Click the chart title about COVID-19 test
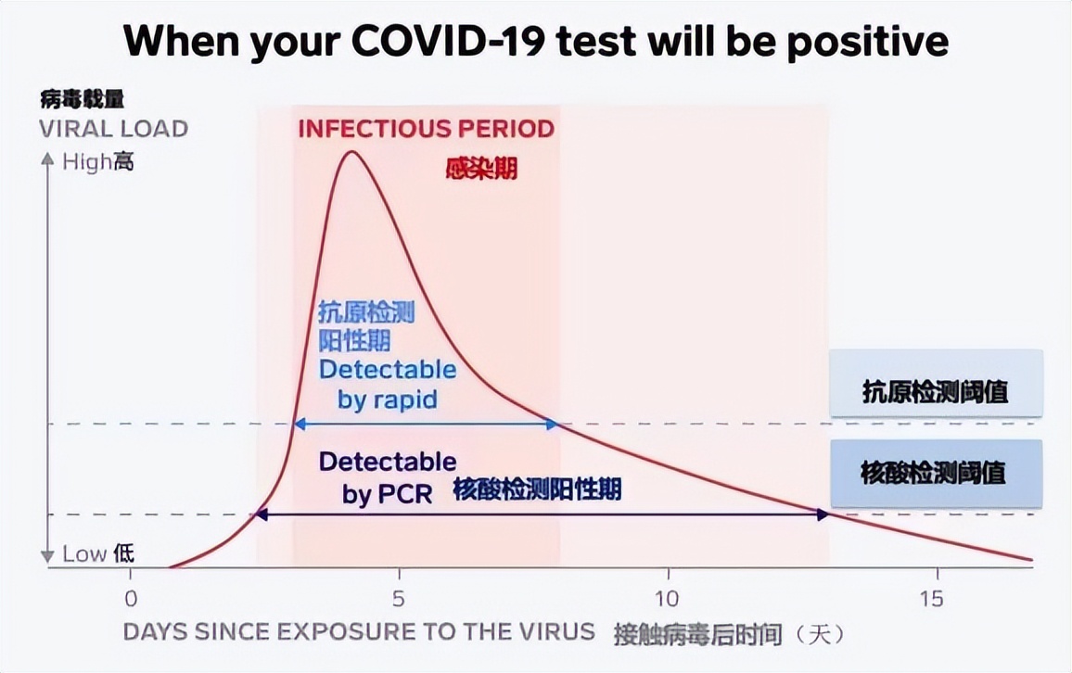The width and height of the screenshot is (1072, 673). [x=536, y=42]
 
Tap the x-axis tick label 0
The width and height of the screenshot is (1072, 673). [x=131, y=598]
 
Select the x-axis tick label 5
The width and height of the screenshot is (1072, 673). [x=398, y=598]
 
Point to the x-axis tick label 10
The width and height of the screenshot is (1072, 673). [x=666, y=598]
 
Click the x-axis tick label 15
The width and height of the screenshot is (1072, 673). [x=934, y=598]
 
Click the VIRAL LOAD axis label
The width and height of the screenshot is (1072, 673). [x=113, y=129]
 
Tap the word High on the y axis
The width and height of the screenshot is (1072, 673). [x=85, y=162]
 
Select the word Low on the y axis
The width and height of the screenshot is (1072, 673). [x=84, y=554]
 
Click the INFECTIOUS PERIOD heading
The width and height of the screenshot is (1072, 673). [x=426, y=129]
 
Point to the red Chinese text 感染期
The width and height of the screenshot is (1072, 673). [x=481, y=169]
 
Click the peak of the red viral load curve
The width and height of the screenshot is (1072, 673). [x=351, y=151]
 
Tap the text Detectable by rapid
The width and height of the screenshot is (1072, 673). [x=388, y=385]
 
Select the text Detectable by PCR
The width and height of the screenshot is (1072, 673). [x=388, y=476]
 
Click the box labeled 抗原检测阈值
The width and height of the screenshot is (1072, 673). [x=935, y=391]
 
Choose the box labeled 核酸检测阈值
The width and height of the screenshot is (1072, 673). [x=935, y=473]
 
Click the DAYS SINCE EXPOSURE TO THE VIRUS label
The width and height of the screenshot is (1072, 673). [x=359, y=632]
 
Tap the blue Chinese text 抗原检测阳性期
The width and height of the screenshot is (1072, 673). [x=366, y=326]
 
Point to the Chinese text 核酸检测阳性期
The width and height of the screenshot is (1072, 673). [x=537, y=489]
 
